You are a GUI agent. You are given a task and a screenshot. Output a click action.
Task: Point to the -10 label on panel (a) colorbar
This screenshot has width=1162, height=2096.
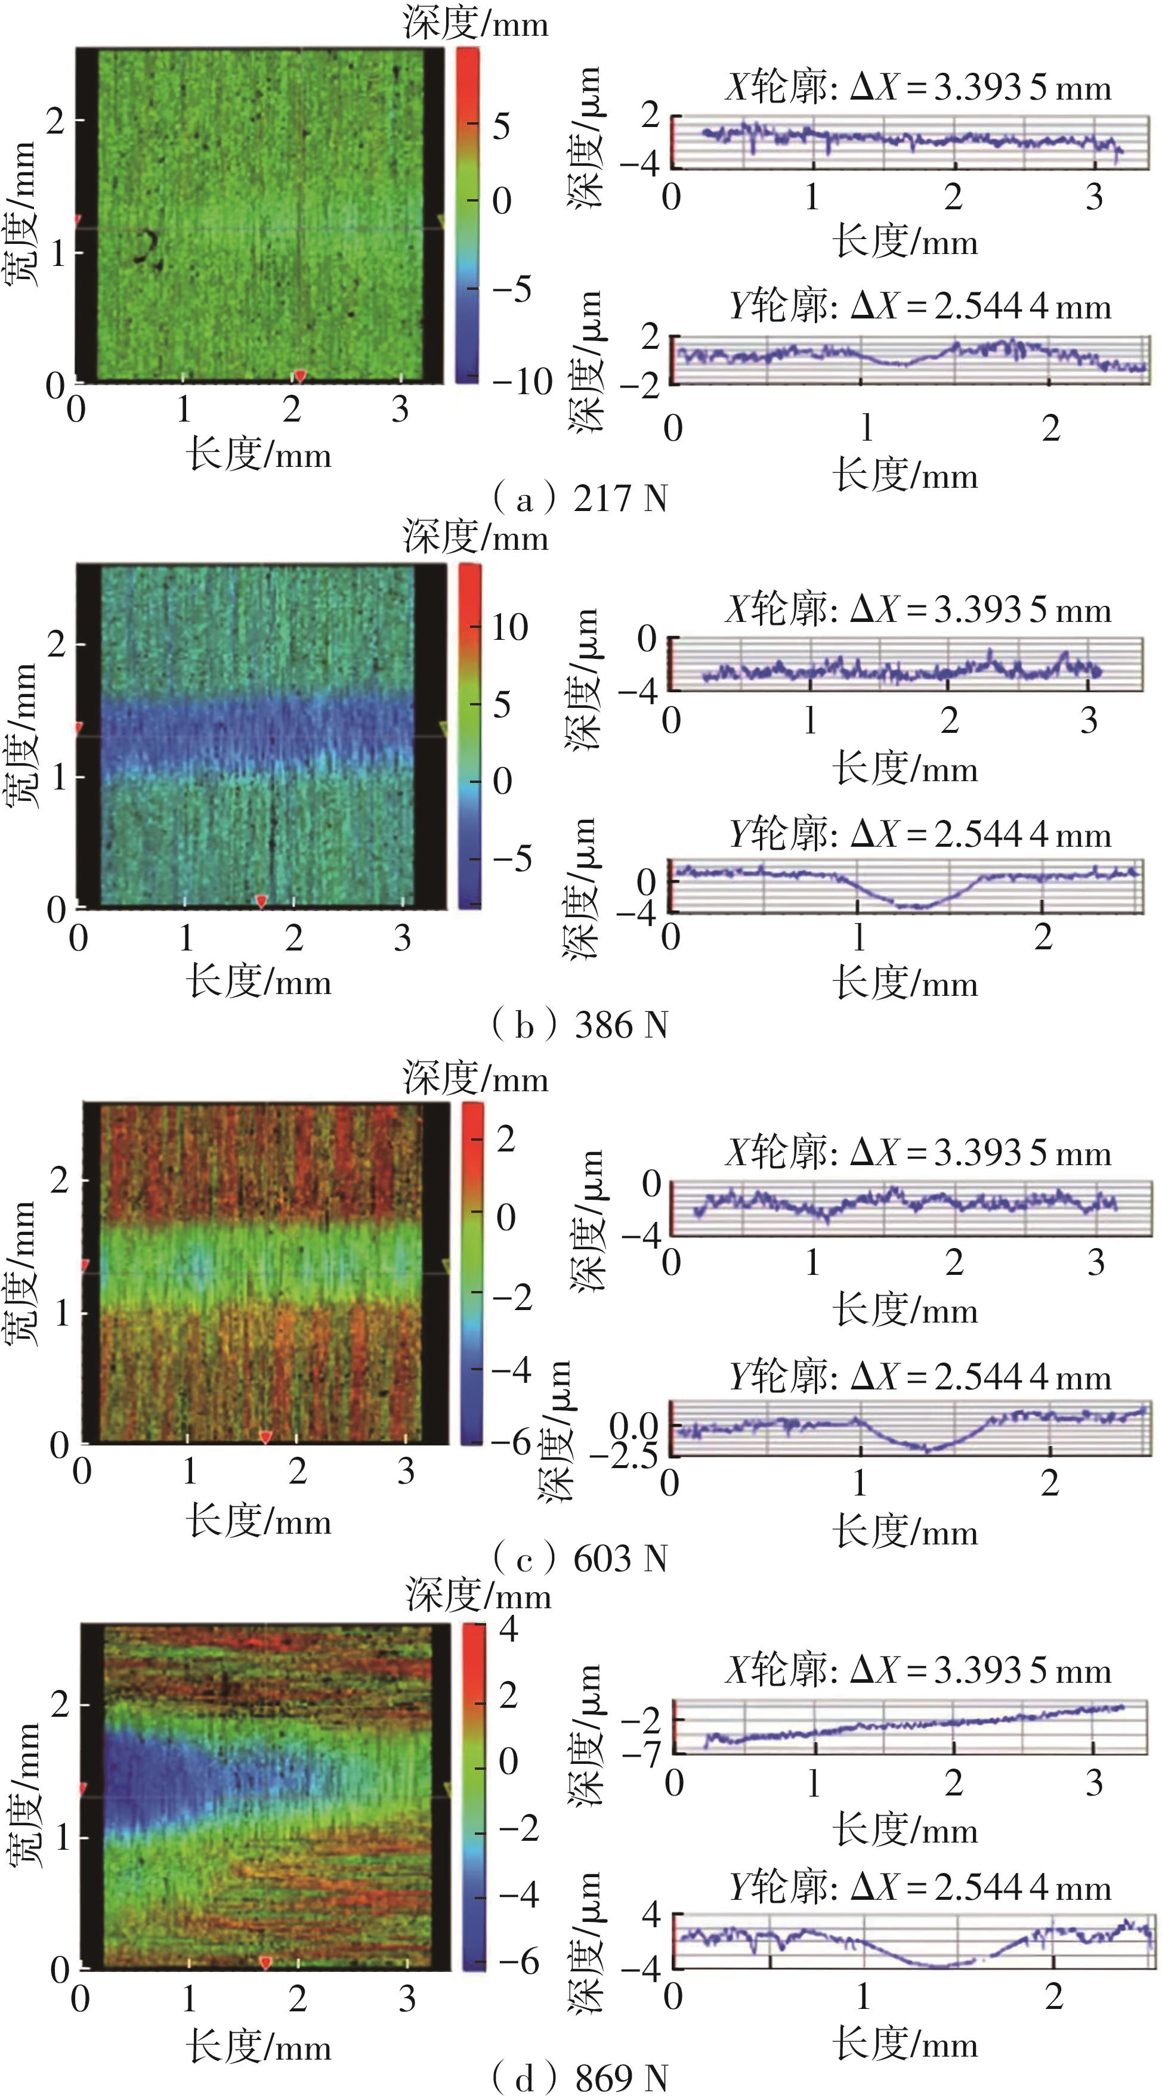click(x=521, y=382)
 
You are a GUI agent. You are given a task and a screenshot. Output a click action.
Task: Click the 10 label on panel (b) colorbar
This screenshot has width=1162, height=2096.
click(x=509, y=627)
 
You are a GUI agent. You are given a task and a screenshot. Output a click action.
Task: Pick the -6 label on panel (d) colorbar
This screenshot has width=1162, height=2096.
click(x=518, y=1961)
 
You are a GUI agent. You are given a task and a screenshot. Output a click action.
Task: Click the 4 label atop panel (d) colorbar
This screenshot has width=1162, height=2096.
click(x=509, y=1628)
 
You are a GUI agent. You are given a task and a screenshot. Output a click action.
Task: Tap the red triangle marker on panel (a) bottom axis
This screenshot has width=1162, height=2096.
click(x=299, y=375)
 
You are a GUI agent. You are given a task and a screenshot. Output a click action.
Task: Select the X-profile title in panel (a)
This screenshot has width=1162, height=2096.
click(x=918, y=88)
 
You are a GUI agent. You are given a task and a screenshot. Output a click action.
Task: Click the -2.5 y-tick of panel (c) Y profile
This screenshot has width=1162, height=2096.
click(x=623, y=1454)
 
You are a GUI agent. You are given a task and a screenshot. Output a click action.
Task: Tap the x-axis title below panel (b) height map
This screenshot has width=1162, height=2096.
click(x=259, y=982)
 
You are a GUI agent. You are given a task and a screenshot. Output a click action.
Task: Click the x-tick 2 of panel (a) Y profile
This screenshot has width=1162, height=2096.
click(x=1050, y=428)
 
